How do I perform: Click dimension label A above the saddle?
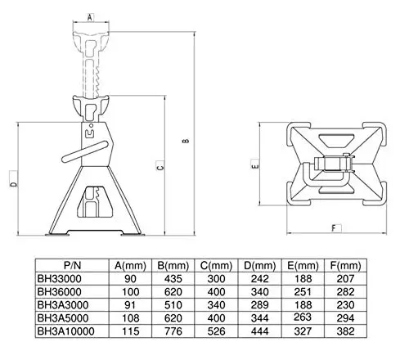[90, 17]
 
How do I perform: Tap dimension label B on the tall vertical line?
[186, 141]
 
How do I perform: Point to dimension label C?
[160, 166]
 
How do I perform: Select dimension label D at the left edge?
[13, 184]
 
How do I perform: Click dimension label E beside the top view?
[255, 165]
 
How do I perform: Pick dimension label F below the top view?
[334, 228]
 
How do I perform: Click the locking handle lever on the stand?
[84, 151]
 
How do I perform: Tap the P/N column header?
[72, 265]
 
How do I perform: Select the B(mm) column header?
[173, 265]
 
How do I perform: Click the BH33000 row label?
[59, 279]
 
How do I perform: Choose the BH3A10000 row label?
[65, 331]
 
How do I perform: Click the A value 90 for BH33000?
[130, 279]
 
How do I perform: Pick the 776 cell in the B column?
[173, 331]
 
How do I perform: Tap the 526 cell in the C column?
[216, 331]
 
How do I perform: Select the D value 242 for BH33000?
[259, 279]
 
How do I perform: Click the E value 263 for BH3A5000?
[303, 317]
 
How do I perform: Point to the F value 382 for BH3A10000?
[345, 331]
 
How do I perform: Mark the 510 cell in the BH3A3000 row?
[173, 305]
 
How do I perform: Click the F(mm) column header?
[345, 265]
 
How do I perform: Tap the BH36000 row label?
[59, 292]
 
